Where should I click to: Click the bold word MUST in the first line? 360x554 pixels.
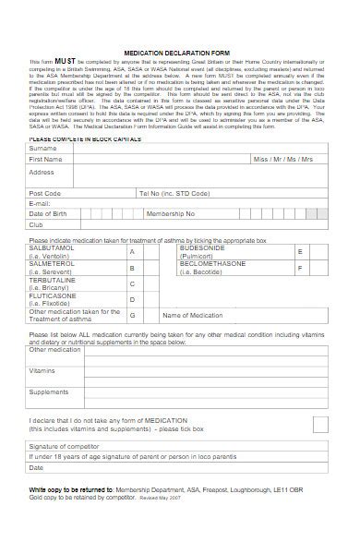pos(64,63)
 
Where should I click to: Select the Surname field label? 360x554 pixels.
pos(42,148)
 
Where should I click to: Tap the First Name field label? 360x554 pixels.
pos(46,159)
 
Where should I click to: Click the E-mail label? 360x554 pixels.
pos(39,203)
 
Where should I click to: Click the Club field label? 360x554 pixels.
pos(36,224)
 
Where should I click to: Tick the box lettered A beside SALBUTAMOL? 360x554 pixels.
pos(132,251)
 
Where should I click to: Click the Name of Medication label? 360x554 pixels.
pos(192,315)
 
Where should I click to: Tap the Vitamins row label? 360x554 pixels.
pos(42,370)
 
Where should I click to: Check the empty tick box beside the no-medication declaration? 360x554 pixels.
pos(319,424)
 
